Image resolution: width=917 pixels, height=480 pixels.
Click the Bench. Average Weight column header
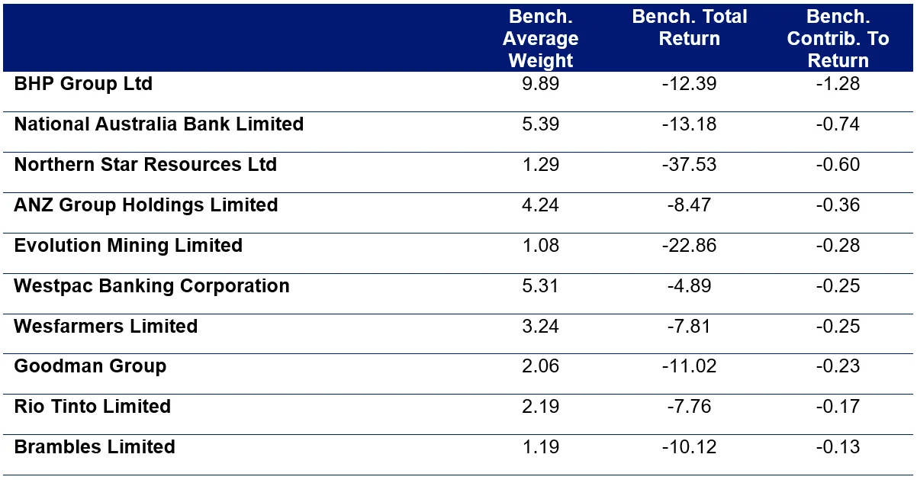[540, 39]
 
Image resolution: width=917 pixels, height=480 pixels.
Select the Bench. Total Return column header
[689, 28]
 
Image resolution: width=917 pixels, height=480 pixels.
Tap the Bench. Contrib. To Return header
[838, 39]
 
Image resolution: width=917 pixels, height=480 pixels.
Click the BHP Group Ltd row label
[83, 84]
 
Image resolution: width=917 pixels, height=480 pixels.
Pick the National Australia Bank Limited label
[159, 124]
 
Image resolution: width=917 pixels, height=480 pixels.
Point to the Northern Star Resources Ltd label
[145, 165]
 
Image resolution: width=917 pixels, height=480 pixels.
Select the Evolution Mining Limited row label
[128, 246]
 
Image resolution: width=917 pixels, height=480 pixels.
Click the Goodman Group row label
[90, 366]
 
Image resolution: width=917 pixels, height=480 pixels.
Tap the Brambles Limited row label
[95, 447]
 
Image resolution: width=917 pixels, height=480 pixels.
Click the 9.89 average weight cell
[540, 84]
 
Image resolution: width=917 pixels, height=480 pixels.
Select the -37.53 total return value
[689, 165]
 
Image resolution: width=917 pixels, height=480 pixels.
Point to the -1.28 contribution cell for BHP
[838, 84]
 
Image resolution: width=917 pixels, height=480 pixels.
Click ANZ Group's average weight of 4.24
[540, 205]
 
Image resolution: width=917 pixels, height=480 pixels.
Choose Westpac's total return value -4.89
[689, 286]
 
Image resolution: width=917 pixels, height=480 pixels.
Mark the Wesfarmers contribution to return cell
[838, 327]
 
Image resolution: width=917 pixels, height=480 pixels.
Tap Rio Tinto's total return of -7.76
[689, 407]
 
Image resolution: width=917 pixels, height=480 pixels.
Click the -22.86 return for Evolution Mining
[689, 246]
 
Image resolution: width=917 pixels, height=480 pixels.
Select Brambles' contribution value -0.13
[838, 447]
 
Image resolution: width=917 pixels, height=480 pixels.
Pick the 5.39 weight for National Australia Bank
[540, 124]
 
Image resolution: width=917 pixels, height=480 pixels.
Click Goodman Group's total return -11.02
[689, 366]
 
